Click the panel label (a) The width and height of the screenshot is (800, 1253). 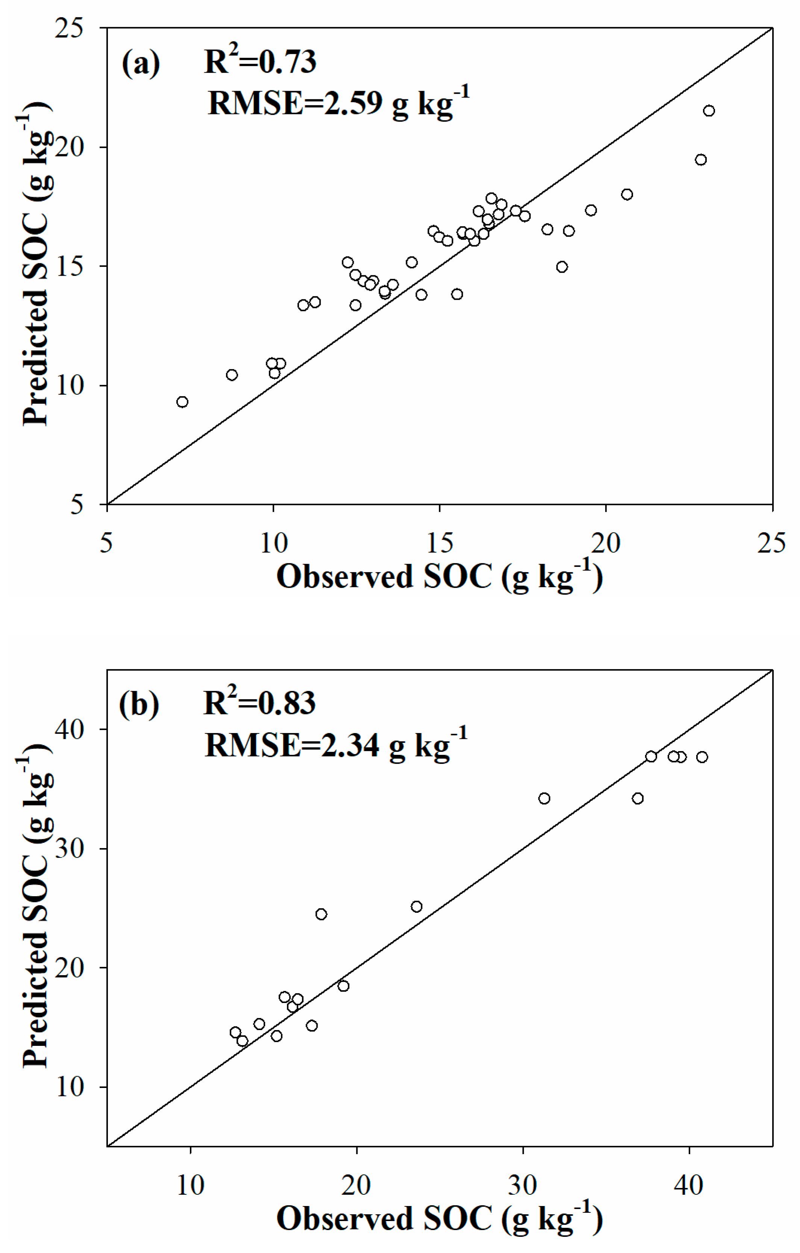pyautogui.click(x=141, y=64)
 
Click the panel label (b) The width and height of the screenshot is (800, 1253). pyautogui.click(x=139, y=704)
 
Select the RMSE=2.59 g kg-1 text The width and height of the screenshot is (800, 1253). pyautogui.click(x=338, y=103)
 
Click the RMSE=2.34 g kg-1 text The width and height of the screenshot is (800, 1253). pyautogui.click(x=336, y=744)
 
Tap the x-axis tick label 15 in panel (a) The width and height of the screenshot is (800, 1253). pyautogui.click(x=440, y=543)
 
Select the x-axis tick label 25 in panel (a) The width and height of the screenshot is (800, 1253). pyautogui.click(x=771, y=543)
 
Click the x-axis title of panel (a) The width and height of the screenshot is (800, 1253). pyautogui.click(x=440, y=577)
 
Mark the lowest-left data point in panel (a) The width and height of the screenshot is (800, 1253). pyautogui.click(x=182, y=402)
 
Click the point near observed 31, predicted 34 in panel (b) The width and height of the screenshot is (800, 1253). pyautogui.click(x=544, y=798)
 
